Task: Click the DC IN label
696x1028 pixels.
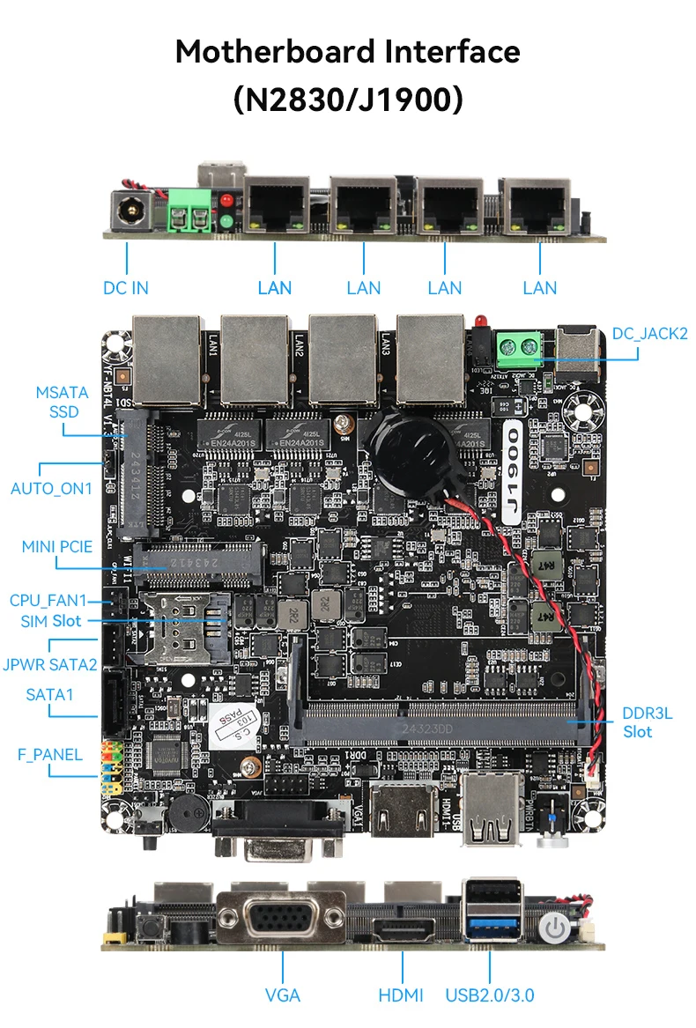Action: [x=126, y=287]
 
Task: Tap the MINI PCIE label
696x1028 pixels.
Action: [x=57, y=546]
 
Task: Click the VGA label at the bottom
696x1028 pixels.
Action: [x=282, y=995]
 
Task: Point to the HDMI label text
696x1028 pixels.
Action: [x=401, y=995]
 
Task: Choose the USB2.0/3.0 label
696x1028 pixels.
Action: [x=490, y=995]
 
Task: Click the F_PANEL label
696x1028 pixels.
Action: [x=50, y=754]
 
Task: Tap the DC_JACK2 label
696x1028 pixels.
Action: [x=649, y=333]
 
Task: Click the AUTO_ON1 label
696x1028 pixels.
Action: [x=51, y=487]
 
